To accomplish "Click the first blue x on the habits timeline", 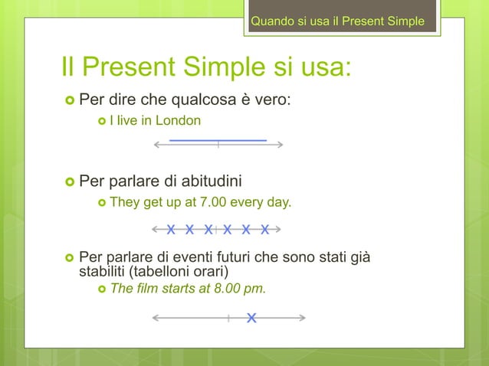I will pos(171,229).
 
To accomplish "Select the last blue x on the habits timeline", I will pos(264,229).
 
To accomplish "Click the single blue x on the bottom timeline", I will pos(251,318).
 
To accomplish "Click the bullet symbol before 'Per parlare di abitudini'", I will pos(69,182).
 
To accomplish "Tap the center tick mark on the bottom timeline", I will pos(229,318).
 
